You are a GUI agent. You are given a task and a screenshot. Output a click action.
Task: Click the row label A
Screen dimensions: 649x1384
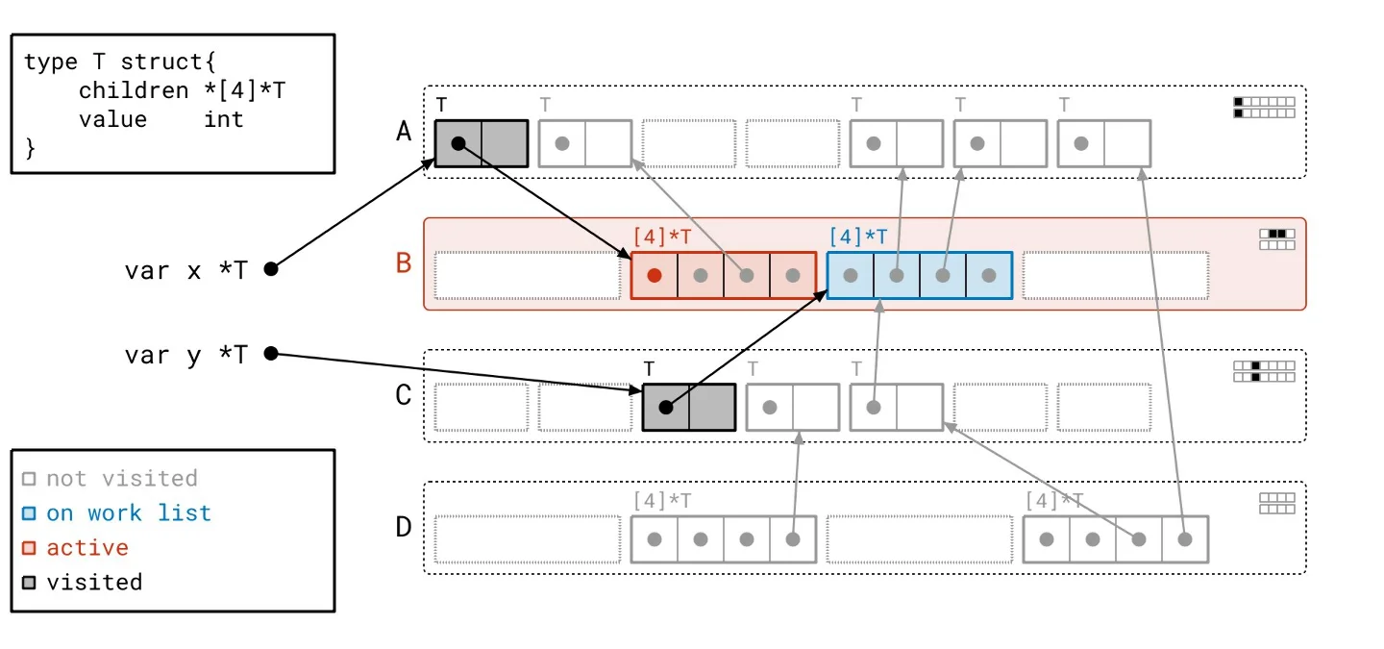pyautogui.click(x=404, y=132)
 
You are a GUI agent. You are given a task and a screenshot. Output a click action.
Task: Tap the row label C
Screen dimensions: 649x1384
pyautogui.click(x=404, y=395)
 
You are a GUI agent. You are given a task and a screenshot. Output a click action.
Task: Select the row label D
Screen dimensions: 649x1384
pyautogui.click(x=404, y=527)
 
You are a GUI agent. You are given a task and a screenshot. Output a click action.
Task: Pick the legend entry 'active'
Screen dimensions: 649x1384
pyautogui.click(x=87, y=548)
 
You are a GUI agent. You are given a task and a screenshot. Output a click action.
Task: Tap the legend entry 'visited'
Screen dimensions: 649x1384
pyautogui.click(x=94, y=583)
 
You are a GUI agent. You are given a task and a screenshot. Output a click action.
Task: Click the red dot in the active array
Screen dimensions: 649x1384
pyautogui.click(x=655, y=276)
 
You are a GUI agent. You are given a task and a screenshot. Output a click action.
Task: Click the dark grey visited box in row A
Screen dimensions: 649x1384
pyautogui.click(x=481, y=143)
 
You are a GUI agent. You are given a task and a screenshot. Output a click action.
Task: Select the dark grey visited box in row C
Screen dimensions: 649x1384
pyautogui.click(x=688, y=408)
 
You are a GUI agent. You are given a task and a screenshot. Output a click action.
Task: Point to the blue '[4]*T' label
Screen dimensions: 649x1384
pyautogui.click(x=857, y=237)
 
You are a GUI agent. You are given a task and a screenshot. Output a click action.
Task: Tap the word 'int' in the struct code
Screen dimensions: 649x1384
pyautogui.click(x=223, y=119)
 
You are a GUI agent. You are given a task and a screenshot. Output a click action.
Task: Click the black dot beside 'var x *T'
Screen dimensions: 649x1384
pyautogui.click(x=271, y=269)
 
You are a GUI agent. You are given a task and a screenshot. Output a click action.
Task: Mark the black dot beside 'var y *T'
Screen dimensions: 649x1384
pyautogui.click(x=271, y=354)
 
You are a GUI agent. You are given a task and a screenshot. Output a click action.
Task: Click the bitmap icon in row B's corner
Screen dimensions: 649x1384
pyautogui.click(x=1277, y=238)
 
